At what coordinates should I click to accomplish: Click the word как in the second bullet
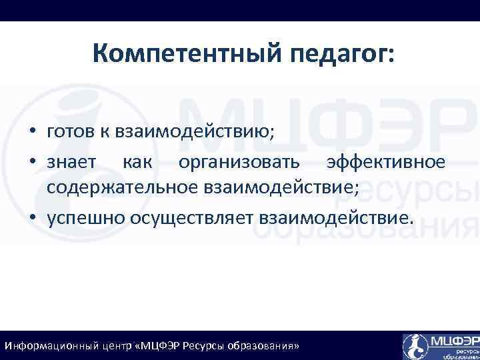[x=137, y=161]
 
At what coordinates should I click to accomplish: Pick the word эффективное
[x=385, y=161]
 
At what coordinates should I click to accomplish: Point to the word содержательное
[x=119, y=189]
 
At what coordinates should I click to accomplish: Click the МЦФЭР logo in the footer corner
[x=440, y=345]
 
